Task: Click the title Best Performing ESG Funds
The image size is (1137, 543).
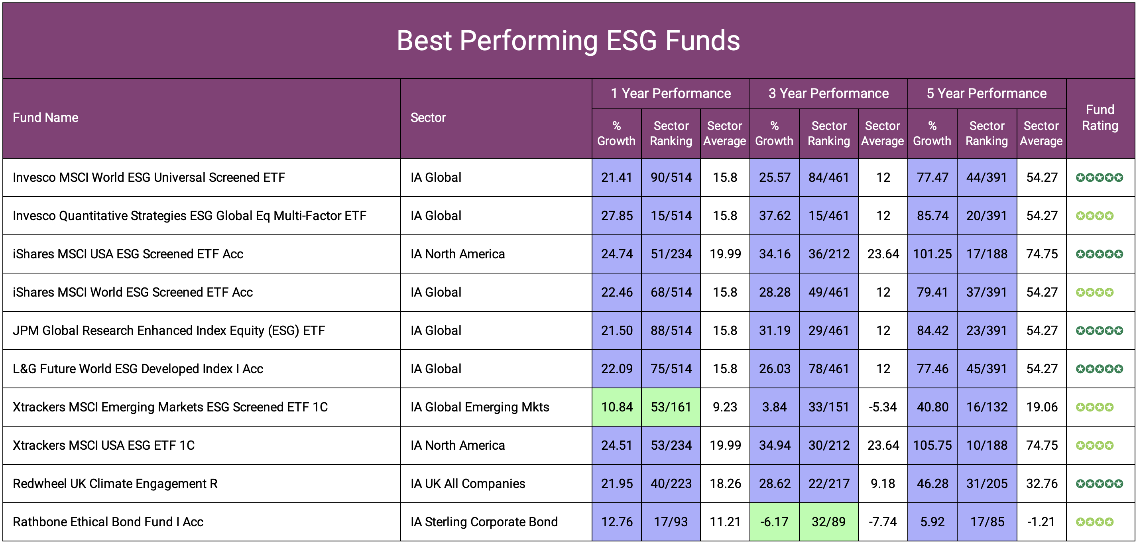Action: click(568, 41)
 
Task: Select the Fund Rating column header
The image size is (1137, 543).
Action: click(1100, 118)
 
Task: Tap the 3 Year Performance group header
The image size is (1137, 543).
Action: click(828, 93)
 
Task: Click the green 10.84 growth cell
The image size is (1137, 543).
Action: click(616, 407)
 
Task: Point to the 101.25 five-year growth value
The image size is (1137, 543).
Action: click(932, 254)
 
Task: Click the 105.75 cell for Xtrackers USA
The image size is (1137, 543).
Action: click(932, 445)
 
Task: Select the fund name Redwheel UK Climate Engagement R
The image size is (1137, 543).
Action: click(115, 484)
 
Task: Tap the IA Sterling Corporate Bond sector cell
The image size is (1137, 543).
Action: click(484, 521)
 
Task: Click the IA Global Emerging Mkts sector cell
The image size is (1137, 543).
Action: click(479, 407)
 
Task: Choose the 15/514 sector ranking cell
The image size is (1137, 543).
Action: click(671, 215)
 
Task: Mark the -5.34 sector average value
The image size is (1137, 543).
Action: click(882, 407)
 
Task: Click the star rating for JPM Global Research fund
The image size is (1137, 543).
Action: click(1099, 330)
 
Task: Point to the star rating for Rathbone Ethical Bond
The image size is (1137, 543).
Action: click(1094, 521)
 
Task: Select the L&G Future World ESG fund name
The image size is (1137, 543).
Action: click(138, 369)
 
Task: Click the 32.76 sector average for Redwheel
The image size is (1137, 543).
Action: click(1041, 484)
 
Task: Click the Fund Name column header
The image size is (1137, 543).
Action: click(45, 118)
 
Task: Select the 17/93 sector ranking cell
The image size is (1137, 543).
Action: click(671, 521)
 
